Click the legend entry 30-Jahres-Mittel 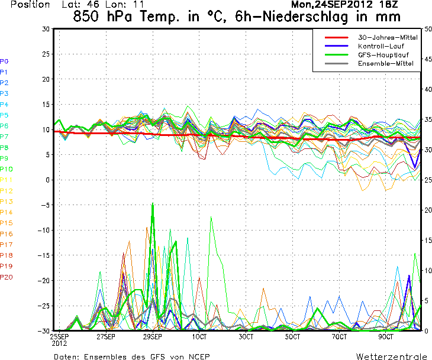(x=387, y=37)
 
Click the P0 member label (x=4, y=61)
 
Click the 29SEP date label (x=152, y=336)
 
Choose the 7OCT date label (x=339, y=336)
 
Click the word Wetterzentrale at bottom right (x=390, y=356)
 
